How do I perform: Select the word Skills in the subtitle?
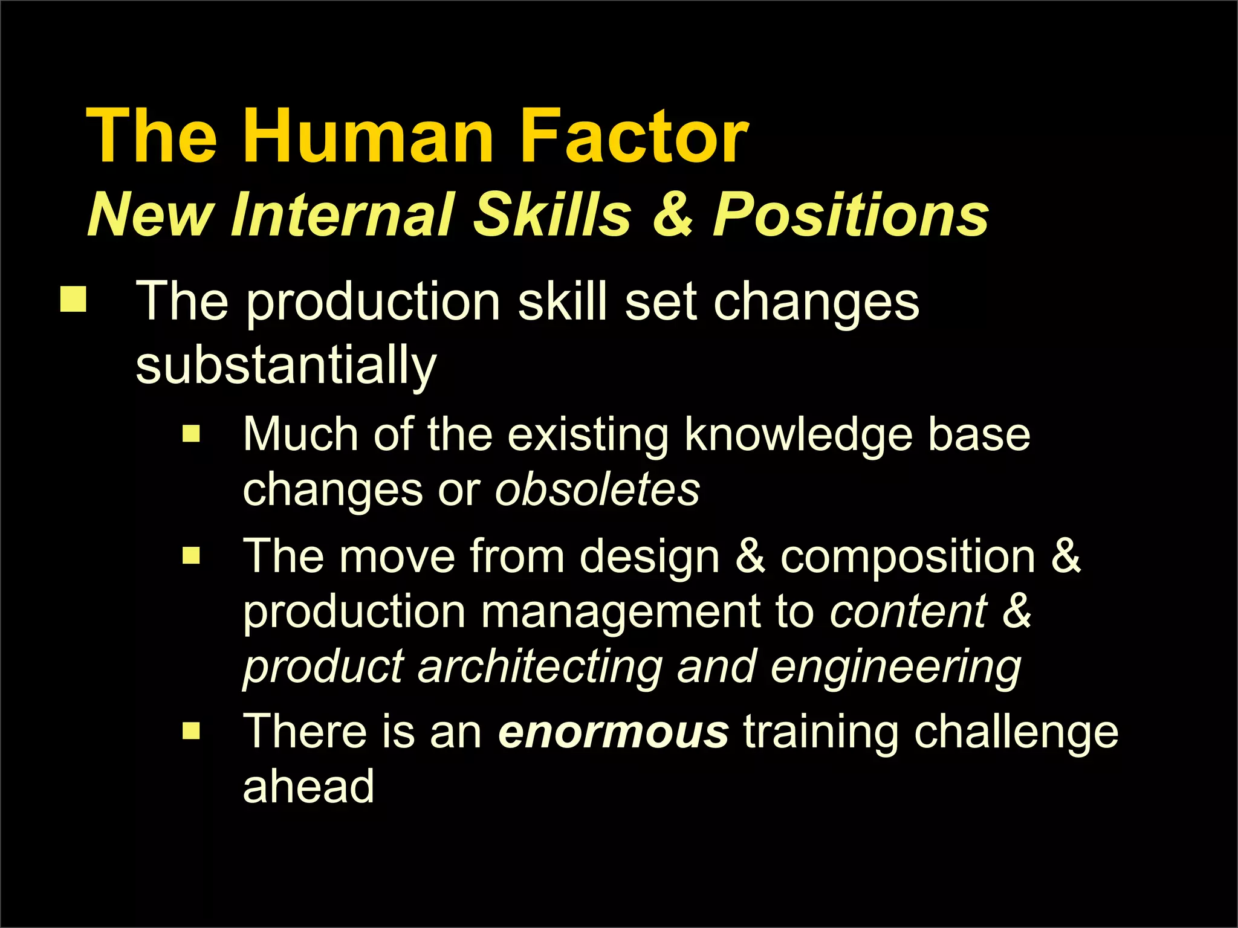[552, 214]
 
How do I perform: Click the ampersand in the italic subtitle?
[672, 214]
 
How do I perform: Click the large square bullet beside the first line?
[73, 299]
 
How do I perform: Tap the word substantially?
[286, 366]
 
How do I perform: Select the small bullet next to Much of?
[191, 433]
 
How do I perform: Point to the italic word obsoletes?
[597, 489]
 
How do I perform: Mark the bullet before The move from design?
[191, 555]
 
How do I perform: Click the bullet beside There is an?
[191, 731]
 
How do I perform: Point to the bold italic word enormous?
[613, 732]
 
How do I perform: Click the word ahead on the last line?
[308, 787]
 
